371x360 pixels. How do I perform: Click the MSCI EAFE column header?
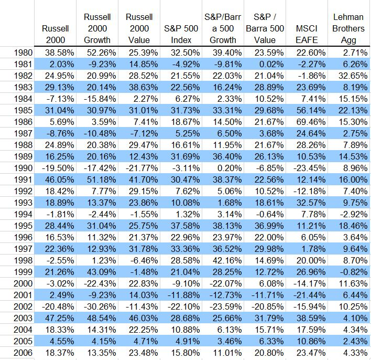click(x=307, y=34)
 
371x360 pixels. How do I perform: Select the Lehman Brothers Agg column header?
click(x=348, y=28)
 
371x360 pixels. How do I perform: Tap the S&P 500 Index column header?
click(x=181, y=34)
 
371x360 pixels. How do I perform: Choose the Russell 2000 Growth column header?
click(x=97, y=28)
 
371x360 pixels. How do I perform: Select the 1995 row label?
click(x=23, y=226)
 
